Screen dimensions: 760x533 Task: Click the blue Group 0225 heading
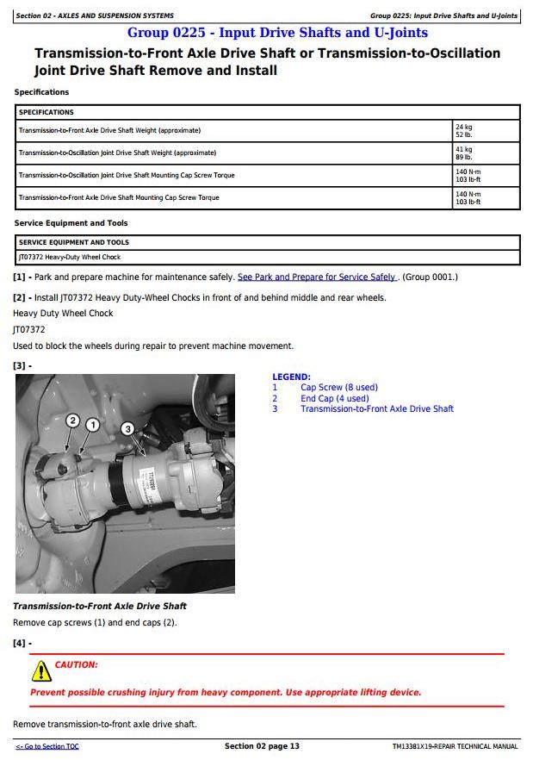tap(277, 33)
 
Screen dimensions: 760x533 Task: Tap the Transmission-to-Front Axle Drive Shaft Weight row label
tap(109, 130)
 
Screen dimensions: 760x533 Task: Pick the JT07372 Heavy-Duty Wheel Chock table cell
tap(70, 257)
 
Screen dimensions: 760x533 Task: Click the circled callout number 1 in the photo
tap(92, 424)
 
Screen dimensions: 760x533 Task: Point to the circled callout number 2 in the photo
tap(72, 420)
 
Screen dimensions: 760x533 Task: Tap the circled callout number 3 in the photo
tap(127, 428)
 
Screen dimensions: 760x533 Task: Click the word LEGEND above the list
tap(291, 377)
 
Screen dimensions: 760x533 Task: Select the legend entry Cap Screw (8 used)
tap(338, 388)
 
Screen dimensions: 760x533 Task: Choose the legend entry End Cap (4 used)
tap(334, 398)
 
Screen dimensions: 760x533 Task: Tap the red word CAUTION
tap(76, 665)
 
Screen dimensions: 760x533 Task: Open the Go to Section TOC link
tap(47, 746)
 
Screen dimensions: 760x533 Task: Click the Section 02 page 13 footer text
tap(262, 746)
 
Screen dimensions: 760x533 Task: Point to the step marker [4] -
tap(22, 644)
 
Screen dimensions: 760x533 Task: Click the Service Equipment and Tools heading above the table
tap(71, 223)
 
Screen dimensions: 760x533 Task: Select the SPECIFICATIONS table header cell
tap(46, 112)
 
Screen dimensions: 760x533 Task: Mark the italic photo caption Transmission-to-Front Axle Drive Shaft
tap(100, 606)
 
